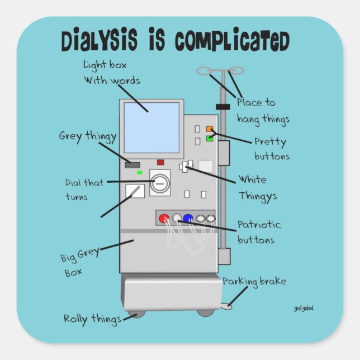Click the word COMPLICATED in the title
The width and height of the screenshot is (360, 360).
coord(231,42)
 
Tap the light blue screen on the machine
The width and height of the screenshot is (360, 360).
coord(151,127)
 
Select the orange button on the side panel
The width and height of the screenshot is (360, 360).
coord(209,129)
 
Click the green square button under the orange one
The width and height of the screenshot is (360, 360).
coord(209,138)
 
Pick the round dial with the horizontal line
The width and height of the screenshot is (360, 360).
coord(160,183)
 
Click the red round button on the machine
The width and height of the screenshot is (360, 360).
coord(165,219)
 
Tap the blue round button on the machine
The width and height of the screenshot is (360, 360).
coord(188,219)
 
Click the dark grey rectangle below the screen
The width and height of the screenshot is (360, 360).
coord(132,164)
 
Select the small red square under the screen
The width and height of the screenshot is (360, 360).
coord(160,163)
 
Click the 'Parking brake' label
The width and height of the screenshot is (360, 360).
coord(254,281)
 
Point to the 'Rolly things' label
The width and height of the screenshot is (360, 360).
coord(92,319)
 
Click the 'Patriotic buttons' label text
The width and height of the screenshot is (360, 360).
coord(259,232)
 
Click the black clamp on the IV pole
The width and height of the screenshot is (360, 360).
coord(223,106)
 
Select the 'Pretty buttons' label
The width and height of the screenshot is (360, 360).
coord(272,149)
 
